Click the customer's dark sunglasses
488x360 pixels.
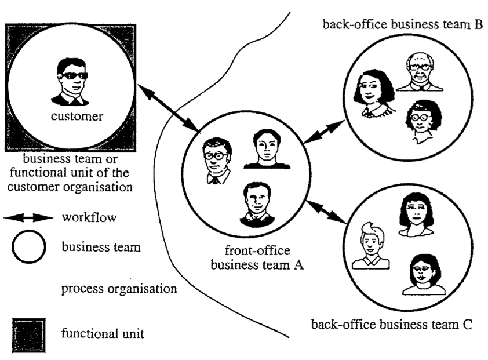tap(75, 76)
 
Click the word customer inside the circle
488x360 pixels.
tap(77, 116)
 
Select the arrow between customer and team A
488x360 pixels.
tap(169, 108)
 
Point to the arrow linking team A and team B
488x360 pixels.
tap(323, 132)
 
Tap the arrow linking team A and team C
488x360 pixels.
tap(326, 212)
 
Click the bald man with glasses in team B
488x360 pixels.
tap(420, 72)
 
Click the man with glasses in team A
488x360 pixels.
tap(217, 161)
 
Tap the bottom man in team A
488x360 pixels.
tap(257, 205)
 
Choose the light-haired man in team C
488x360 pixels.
tap(371, 246)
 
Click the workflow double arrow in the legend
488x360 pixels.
tap(28, 218)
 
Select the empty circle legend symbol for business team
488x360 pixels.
tap(29, 247)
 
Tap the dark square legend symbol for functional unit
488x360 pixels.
tap(29, 336)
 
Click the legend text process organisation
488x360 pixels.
tap(119, 289)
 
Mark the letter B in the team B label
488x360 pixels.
tap(478, 24)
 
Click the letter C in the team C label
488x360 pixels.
tap(468, 325)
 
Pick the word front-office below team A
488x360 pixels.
tap(257, 250)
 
